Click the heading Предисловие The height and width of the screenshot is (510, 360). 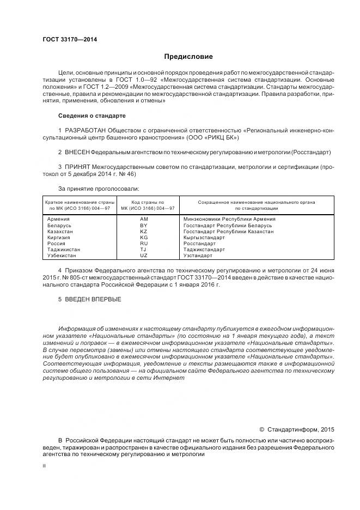[188, 57]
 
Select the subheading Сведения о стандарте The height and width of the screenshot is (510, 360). [91, 116]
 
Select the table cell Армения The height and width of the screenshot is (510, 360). [59, 218]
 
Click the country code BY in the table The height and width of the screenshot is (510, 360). [144, 225]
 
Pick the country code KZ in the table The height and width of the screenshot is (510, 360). [144, 232]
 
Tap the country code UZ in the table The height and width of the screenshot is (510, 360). [144, 256]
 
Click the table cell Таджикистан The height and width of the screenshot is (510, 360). [64, 250]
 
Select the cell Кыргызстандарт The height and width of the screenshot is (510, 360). [204, 238]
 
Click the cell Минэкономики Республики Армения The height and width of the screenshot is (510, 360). [229, 218]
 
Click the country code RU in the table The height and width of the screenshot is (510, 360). [144, 244]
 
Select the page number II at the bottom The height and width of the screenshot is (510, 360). [44, 466]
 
